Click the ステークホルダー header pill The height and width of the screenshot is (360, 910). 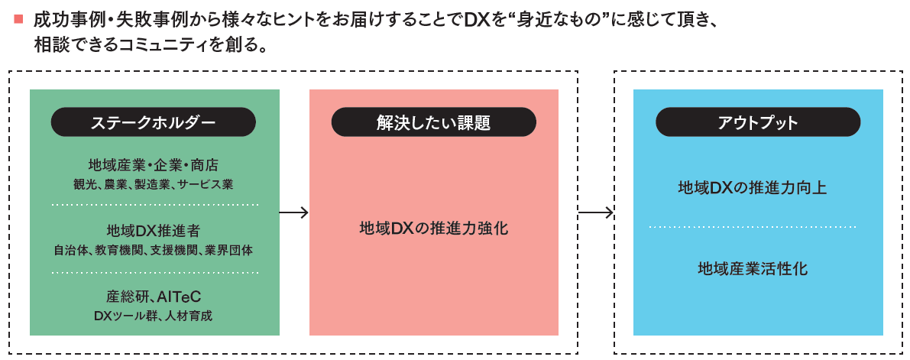click(153, 122)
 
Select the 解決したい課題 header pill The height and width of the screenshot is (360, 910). click(433, 122)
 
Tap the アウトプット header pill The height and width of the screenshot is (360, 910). click(758, 122)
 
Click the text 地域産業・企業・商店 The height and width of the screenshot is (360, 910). click(153, 166)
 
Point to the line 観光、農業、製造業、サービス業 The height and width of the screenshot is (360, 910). click(153, 184)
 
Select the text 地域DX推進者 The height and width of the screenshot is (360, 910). click(154, 231)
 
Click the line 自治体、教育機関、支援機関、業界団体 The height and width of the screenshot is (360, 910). click(154, 249)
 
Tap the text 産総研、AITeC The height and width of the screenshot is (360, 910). click(154, 296)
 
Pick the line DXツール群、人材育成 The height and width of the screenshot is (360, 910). click(154, 314)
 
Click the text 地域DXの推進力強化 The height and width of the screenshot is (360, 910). click(433, 229)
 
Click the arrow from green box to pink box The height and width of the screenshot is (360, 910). click(294, 212)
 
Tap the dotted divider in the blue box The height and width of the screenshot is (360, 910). click(753, 228)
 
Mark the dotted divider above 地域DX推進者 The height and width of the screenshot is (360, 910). click(155, 206)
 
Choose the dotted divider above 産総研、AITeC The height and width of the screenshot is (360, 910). click(155, 272)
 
